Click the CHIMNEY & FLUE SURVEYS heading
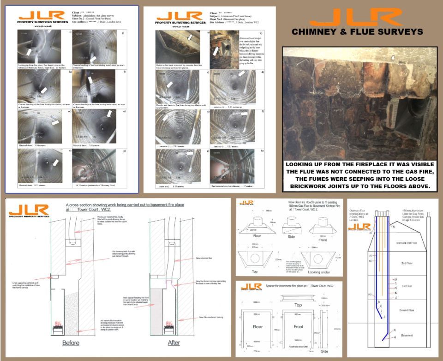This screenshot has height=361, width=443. point(358,32)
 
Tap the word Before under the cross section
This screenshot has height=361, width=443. point(71,343)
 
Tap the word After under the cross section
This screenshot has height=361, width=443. point(174,343)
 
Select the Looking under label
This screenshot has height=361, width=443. point(320,272)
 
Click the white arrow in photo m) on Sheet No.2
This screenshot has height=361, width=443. point(55,122)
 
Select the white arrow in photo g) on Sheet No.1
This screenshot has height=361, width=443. point(189,153)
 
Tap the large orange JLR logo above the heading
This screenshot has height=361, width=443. point(356,17)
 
